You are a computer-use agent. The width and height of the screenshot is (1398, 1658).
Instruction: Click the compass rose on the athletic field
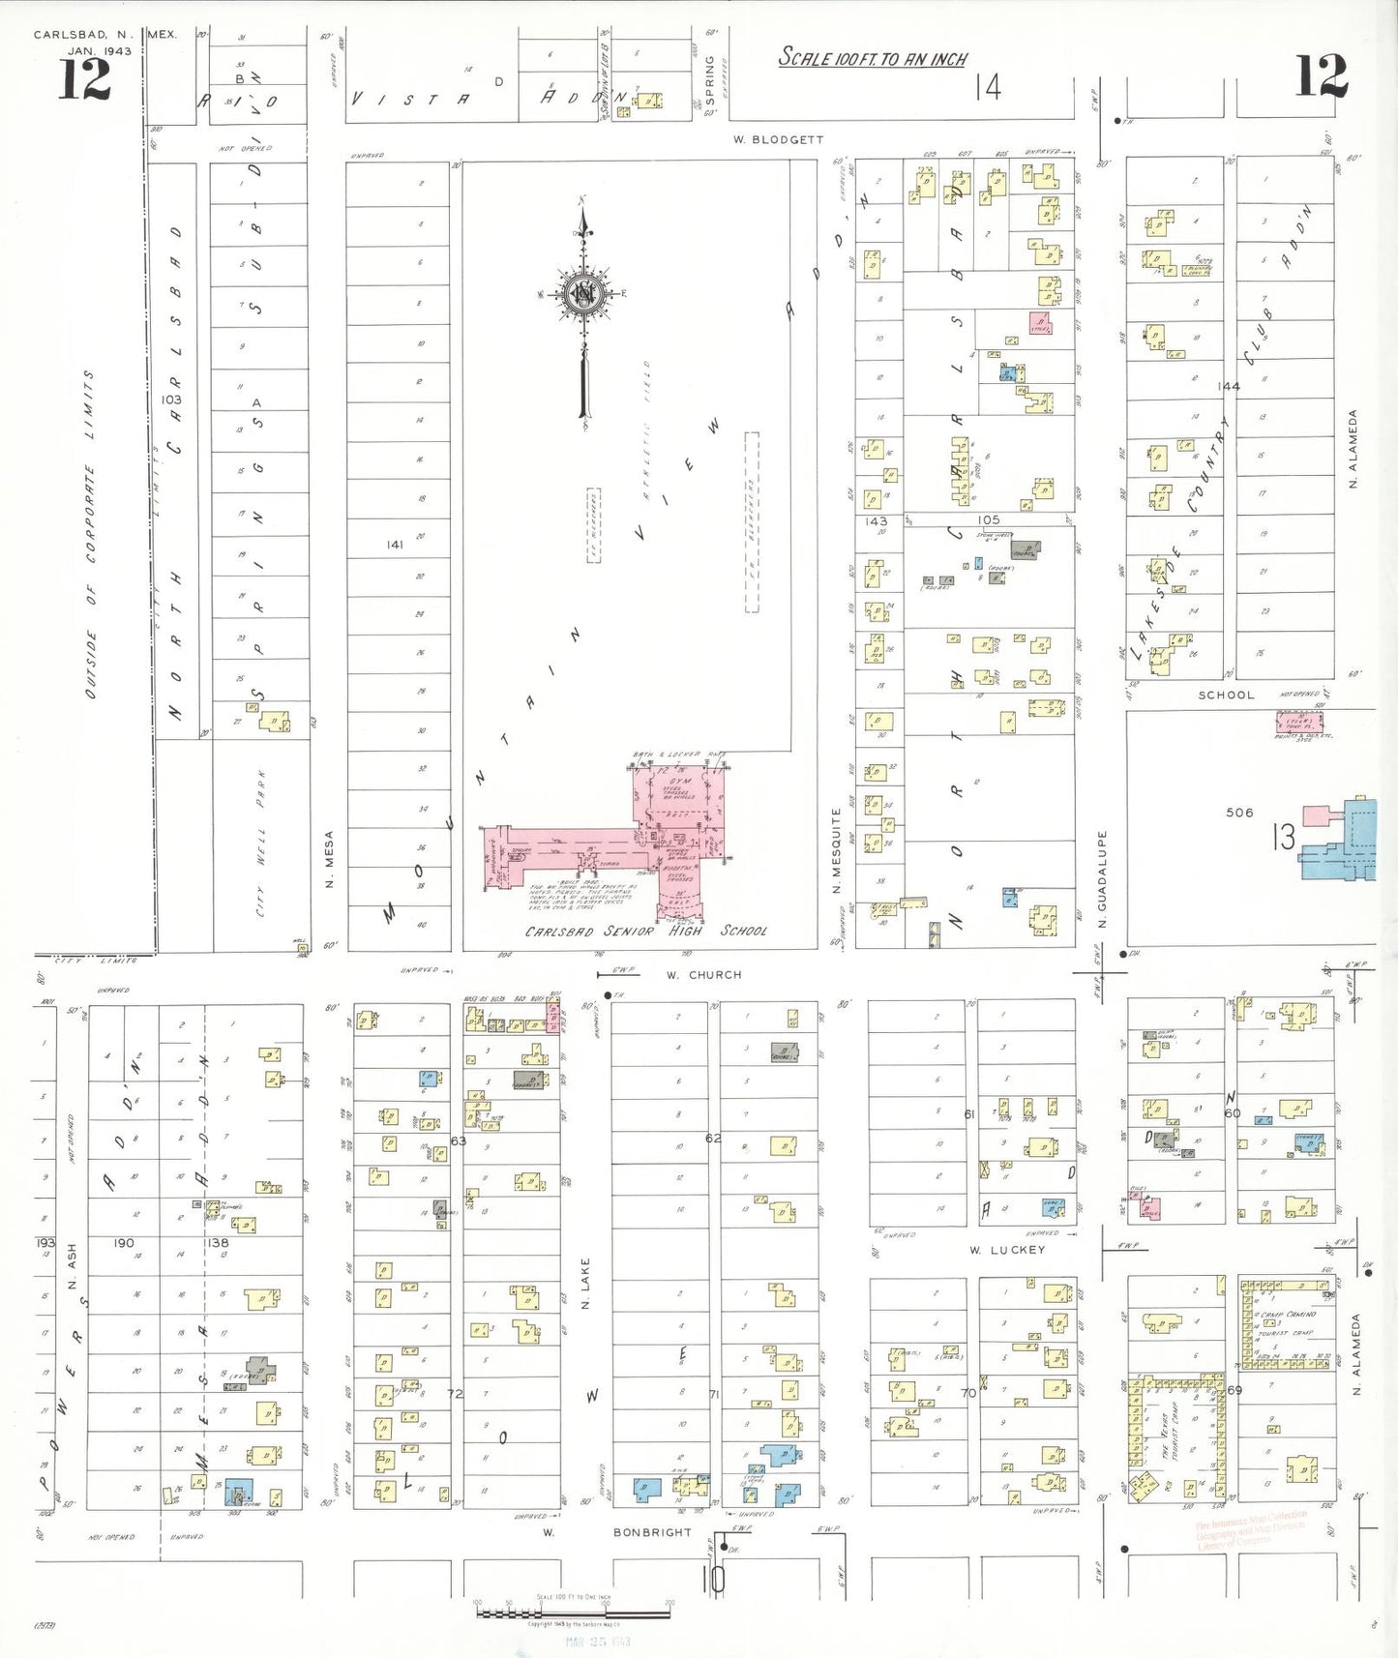(x=584, y=295)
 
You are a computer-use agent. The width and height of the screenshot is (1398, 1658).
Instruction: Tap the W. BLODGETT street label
(x=778, y=140)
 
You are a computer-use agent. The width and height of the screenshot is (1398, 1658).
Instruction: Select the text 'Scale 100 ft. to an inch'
(x=873, y=59)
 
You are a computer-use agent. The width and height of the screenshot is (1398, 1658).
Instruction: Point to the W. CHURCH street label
(x=703, y=975)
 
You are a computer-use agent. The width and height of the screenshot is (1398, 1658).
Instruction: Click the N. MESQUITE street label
(x=837, y=850)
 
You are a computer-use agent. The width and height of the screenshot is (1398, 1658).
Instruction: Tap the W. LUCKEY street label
(x=1007, y=1250)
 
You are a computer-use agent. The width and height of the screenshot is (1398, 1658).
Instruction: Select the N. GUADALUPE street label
(x=1102, y=878)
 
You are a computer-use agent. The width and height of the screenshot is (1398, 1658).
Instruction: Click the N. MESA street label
(x=329, y=859)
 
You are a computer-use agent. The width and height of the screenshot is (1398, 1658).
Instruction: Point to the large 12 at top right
(x=1321, y=76)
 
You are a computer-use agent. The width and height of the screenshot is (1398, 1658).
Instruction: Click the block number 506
(x=1239, y=813)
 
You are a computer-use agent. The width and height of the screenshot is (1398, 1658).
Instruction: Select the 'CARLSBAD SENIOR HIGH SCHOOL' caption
(x=645, y=931)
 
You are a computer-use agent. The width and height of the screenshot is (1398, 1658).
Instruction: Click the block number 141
(x=395, y=545)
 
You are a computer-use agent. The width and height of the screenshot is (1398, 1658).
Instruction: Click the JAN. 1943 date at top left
(x=100, y=51)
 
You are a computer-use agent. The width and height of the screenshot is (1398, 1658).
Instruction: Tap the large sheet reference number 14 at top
(x=987, y=88)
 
